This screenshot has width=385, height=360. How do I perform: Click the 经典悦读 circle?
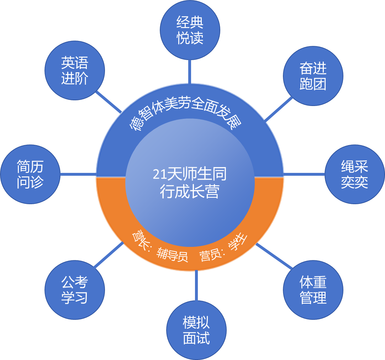[190, 30]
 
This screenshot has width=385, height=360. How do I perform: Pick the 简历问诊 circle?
[30, 174]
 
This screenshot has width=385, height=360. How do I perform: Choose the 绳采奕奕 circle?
[354, 174]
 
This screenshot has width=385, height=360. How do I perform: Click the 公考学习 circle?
[75, 290]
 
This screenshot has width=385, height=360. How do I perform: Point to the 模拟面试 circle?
[196, 331]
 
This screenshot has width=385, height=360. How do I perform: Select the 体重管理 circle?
[313, 290]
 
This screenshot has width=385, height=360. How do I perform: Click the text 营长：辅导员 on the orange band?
[160, 249]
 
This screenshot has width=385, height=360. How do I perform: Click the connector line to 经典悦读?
[190, 71]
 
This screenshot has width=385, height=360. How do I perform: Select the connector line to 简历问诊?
[78, 174]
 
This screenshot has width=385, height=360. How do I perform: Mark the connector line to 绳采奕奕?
[304, 174]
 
